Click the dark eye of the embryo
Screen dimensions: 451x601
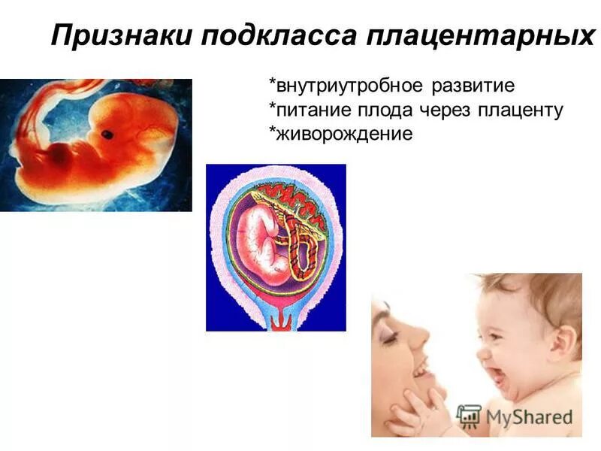pyautogui.click(x=107, y=135)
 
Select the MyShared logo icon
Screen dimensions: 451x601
pyautogui.click(x=469, y=416)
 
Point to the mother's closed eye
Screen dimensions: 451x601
pyautogui.click(x=390, y=338)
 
